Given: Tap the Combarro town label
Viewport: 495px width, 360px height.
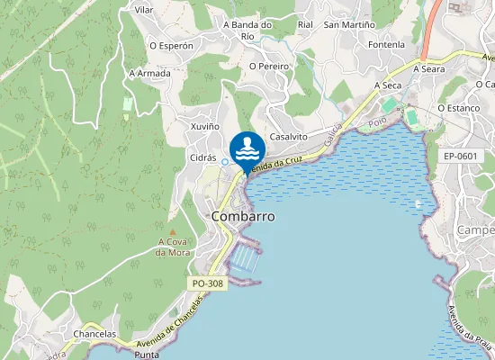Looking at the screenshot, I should click(242, 217).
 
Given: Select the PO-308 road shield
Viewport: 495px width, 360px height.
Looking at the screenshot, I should click(208, 283).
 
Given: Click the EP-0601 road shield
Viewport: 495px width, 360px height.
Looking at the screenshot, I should click(460, 156).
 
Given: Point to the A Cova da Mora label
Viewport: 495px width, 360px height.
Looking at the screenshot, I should click(173, 247).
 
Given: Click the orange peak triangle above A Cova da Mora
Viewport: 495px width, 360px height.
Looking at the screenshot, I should click(173, 232).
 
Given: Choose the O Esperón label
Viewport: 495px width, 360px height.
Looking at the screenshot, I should click(171, 45).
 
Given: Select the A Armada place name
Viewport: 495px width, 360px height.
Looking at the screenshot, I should click(149, 73).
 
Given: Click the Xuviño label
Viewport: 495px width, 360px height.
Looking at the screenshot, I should click(205, 126).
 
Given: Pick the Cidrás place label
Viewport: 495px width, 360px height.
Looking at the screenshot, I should click(202, 157).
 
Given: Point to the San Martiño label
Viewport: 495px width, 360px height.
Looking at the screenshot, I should click(348, 24).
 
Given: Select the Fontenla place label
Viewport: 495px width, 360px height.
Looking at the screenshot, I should click(387, 45).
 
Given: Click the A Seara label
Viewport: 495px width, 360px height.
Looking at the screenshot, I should click(429, 68).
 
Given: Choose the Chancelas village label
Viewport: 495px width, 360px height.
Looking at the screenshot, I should click(94, 334).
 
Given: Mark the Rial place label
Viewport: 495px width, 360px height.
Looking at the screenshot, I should click(305, 24).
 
